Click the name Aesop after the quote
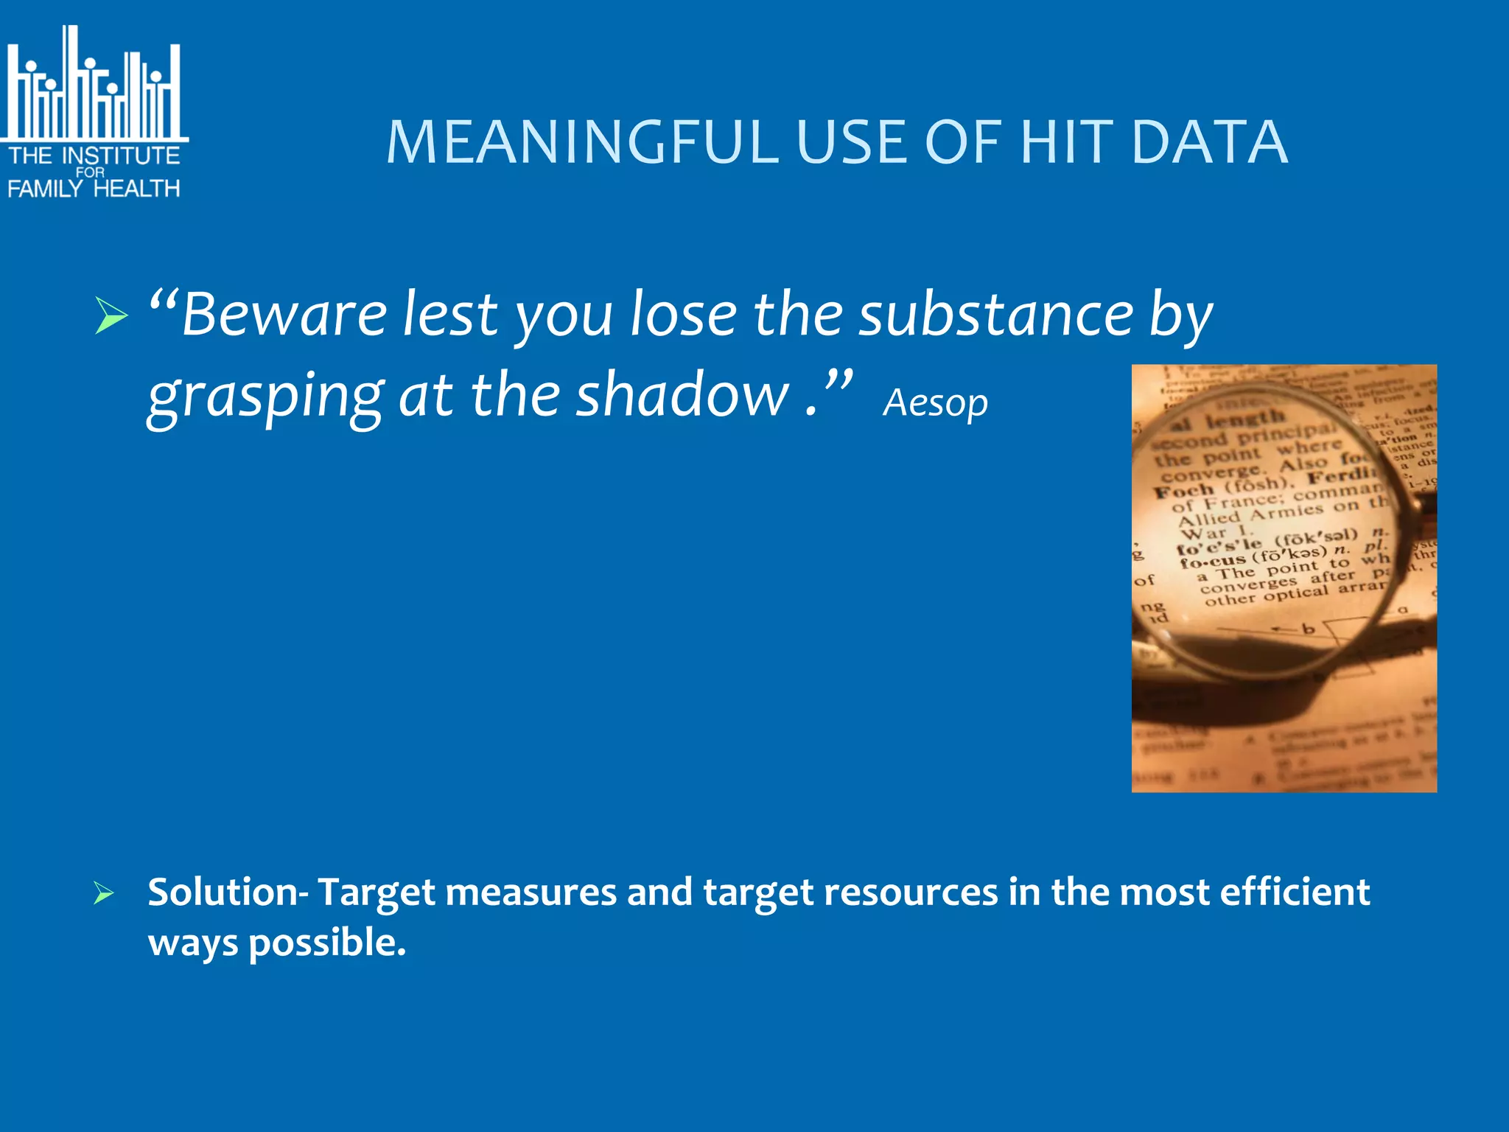[x=935, y=403]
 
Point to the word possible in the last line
[x=326, y=943]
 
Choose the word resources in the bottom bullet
[x=910, y=892]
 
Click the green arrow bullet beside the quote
[x=111, y=317]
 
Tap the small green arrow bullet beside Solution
[x=104, y=894]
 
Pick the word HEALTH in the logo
[x=137, y=189]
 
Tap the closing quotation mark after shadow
[x=838, y=382]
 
